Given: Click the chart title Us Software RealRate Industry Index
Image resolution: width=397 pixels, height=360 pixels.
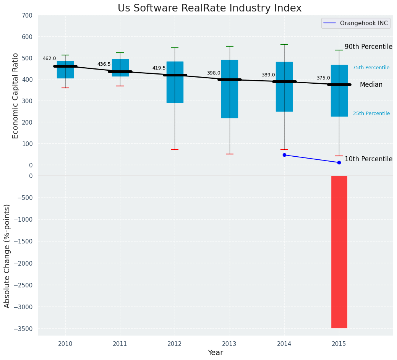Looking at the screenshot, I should pos(209,8).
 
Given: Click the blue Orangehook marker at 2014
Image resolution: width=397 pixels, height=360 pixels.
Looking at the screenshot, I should pos(284,155).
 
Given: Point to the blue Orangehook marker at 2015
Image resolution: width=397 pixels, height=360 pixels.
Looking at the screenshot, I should pos(339,162).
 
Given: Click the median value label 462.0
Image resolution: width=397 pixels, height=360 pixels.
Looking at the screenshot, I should pos(49,58).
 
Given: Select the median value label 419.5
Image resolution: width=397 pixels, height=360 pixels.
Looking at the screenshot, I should pos(159,68).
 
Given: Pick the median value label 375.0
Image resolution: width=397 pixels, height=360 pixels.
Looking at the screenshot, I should pos(323,78).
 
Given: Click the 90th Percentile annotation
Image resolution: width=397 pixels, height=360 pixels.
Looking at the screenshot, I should pos(368,47).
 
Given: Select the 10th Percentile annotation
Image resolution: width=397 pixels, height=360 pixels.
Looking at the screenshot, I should pos(368,159).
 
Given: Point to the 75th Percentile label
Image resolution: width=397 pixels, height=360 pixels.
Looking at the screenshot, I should pos(371,68).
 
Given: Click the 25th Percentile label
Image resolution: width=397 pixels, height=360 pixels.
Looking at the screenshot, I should pos(371,114).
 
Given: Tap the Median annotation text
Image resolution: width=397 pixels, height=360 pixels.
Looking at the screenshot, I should pos(371,85).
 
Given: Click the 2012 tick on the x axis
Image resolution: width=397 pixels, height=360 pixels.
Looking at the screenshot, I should pos(175,344).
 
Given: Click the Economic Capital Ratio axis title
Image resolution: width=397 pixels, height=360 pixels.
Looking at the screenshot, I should pos(16,96).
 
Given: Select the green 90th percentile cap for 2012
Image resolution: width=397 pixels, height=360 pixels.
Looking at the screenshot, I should pos(175,48).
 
